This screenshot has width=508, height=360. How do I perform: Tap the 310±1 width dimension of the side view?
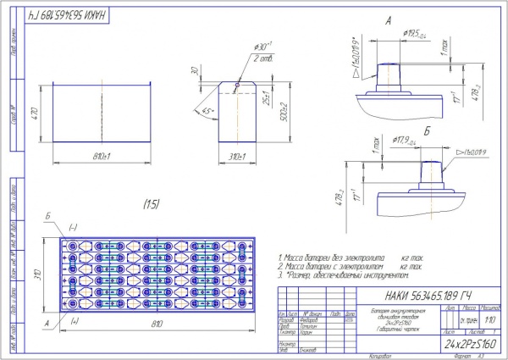(238, 157)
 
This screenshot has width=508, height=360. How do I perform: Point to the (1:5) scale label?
(152, 203)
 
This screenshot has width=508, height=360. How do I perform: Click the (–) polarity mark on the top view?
(73, 227)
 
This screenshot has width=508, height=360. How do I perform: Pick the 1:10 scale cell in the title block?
(491, 321)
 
